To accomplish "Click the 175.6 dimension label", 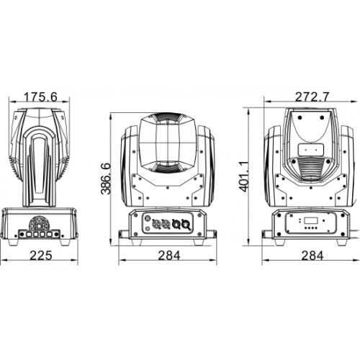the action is (x=41, y=97).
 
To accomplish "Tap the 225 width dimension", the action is (x=41, y=256).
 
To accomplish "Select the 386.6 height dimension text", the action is (x=105, y=179).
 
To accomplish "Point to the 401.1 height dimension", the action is (x=244, y=176).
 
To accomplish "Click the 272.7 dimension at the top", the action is (x=312, y=97).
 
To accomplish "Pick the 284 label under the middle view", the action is (x=169, y=256).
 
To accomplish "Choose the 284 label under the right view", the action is (x=312, y=256).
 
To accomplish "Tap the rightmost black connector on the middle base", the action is (x=186, y=225).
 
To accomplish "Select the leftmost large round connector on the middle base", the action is (x=156, y=225).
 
